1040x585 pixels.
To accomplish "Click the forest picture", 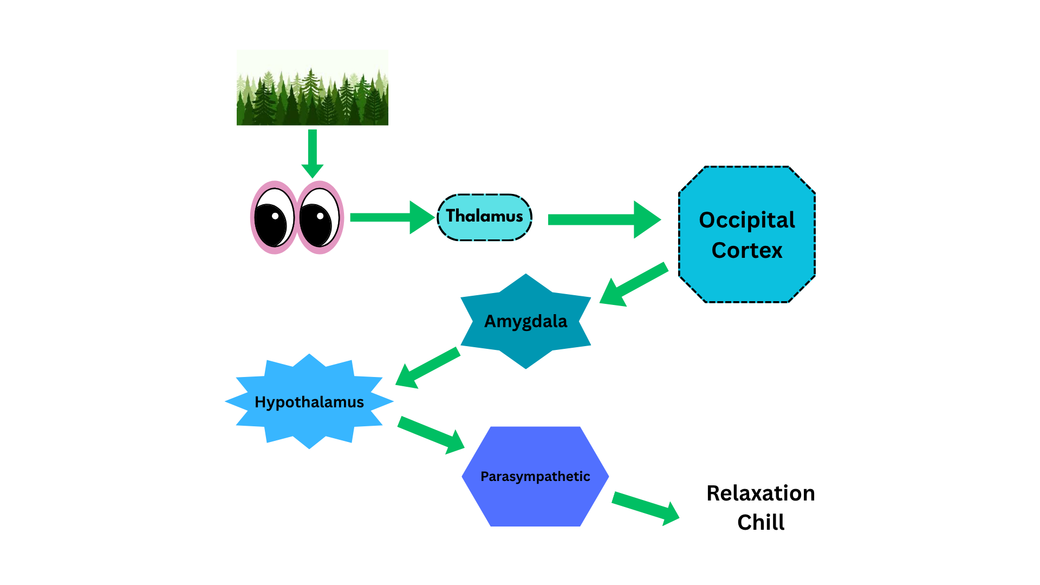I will (312, 88).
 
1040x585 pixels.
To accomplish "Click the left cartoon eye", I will (274, 218).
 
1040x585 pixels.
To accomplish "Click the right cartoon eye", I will (320, 218).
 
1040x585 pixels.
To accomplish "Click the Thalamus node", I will (484, 217).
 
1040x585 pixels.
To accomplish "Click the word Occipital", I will (747, 220).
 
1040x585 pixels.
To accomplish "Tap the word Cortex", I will (747, 250).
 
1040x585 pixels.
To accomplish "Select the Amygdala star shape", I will (525, 321).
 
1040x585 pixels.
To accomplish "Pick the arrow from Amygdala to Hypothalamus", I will (427, 368).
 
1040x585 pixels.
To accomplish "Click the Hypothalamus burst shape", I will (309, 402).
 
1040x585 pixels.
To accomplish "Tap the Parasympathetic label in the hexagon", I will (535, 477).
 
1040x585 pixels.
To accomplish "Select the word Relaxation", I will (760, 493).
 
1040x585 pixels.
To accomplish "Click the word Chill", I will (760, 523).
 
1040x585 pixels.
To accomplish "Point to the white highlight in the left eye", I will (275, 216).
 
